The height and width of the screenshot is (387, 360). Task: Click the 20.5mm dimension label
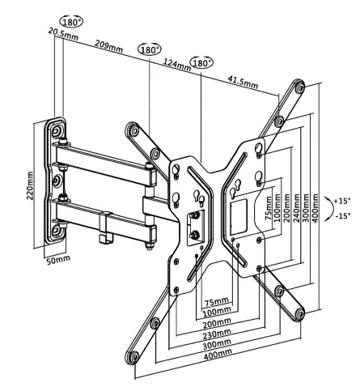[63, 35]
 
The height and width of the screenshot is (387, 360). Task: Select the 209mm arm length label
[108, 46]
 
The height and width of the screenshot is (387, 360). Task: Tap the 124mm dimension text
[176, 66]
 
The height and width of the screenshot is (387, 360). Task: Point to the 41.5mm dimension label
[243, 82]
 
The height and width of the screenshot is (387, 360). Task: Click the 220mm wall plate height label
[30, 185]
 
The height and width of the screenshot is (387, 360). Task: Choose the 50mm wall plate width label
[58, 260]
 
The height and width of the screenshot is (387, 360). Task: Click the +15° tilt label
[342, 201]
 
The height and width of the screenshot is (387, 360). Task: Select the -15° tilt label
[343, 215]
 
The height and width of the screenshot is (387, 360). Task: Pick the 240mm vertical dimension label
[297, 207]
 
